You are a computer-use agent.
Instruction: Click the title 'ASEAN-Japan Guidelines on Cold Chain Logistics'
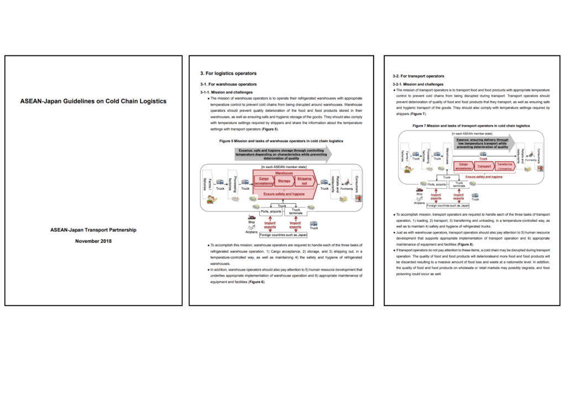93,101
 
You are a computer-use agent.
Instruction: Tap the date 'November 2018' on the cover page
93,241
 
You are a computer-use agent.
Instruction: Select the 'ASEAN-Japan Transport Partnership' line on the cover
93,230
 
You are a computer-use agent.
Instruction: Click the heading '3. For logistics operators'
228,73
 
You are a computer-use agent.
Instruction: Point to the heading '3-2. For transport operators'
418,76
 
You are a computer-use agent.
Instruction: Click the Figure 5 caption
281,141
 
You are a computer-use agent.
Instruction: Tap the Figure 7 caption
471,126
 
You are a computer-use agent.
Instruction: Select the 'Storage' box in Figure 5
284,181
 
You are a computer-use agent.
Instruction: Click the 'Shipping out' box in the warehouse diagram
304,181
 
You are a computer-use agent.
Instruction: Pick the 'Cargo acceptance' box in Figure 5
264,181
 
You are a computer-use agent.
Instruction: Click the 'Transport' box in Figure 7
484,165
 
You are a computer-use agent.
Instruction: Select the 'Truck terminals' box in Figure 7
459,184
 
